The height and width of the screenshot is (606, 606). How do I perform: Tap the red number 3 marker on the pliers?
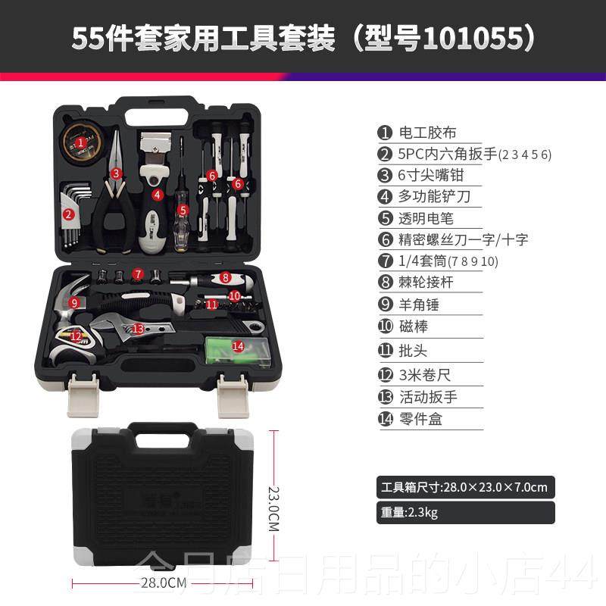point(116,173)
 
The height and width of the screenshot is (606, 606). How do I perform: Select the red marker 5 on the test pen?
point(182,209)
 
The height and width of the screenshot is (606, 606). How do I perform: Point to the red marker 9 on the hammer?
point(74,302)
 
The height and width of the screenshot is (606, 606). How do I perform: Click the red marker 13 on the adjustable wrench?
point(137,329)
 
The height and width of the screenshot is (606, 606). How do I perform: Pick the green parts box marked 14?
point(238,348)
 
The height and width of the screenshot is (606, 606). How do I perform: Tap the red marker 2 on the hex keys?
point(68,214)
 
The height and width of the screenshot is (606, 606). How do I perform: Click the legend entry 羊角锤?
point(419,305)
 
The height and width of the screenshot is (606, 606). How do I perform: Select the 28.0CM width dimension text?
point(163,583)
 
